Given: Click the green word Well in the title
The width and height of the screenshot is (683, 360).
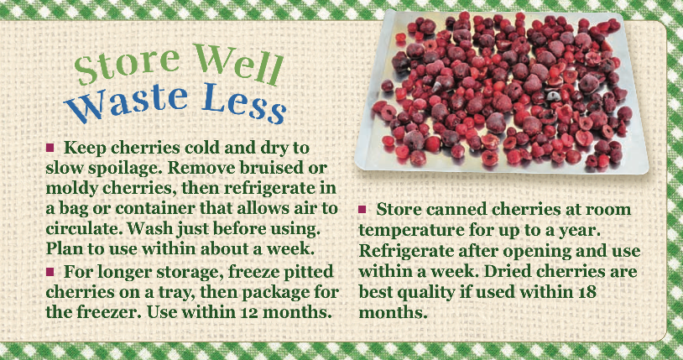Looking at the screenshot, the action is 237,64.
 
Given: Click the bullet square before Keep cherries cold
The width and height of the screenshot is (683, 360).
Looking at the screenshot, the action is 50,148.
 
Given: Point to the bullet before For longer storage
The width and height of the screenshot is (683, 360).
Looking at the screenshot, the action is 50,272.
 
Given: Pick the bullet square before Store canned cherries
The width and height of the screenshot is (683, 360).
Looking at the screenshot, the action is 362,210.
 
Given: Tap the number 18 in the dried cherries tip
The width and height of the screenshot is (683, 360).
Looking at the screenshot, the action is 586,291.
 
